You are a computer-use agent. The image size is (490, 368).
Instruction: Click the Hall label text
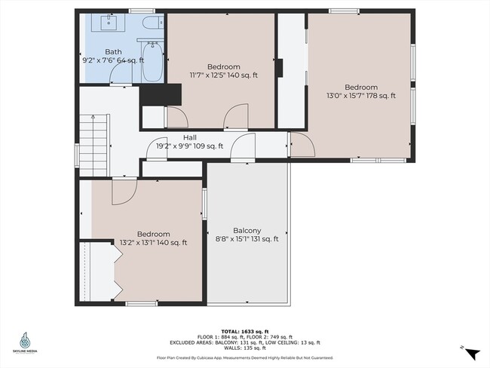(x=190, y=137)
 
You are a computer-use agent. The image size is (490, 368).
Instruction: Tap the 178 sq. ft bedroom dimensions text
(x=360, y=96)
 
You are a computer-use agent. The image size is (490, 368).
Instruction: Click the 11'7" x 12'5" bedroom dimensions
(x=224, y=75)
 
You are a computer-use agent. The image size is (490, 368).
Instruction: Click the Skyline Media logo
(x=29, y=343)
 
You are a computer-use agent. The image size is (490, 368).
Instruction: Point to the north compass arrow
(x=471, y=353)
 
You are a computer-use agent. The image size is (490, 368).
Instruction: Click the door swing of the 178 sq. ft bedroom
(x=301, y=145)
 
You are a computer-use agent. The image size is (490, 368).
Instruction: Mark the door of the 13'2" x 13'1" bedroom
(x=123, y=192)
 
